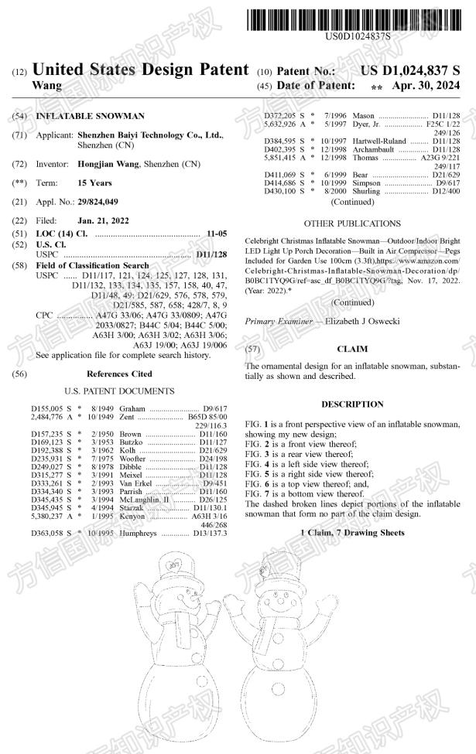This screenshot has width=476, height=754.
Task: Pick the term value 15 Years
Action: (x=95, y=183)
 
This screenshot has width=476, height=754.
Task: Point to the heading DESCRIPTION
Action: (x=352, y=404)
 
